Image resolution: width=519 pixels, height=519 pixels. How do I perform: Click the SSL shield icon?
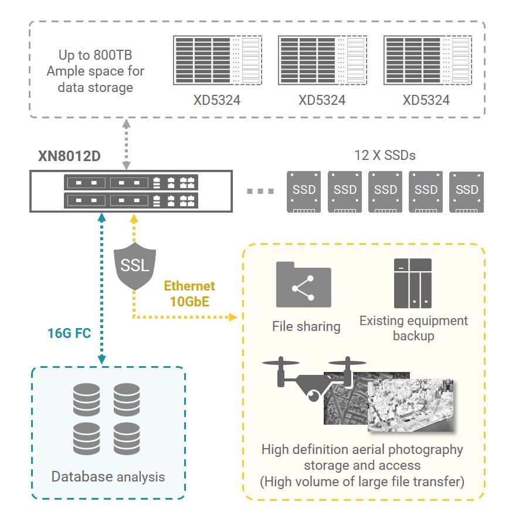135,267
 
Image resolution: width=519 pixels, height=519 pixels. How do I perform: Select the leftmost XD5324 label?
217,100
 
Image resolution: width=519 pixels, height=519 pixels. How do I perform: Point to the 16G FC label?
68,334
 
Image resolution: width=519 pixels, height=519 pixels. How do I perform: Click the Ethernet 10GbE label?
189,293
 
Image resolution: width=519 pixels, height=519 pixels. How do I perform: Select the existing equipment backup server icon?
412,284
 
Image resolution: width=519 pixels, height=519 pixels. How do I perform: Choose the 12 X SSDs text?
385,156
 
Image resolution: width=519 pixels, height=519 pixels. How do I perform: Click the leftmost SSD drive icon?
304,191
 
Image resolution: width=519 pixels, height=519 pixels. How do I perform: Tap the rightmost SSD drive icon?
467,191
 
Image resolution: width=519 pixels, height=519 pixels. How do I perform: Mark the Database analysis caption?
108,476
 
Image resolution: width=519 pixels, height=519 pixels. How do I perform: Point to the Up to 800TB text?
95,56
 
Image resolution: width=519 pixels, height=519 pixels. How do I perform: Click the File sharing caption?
306,326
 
